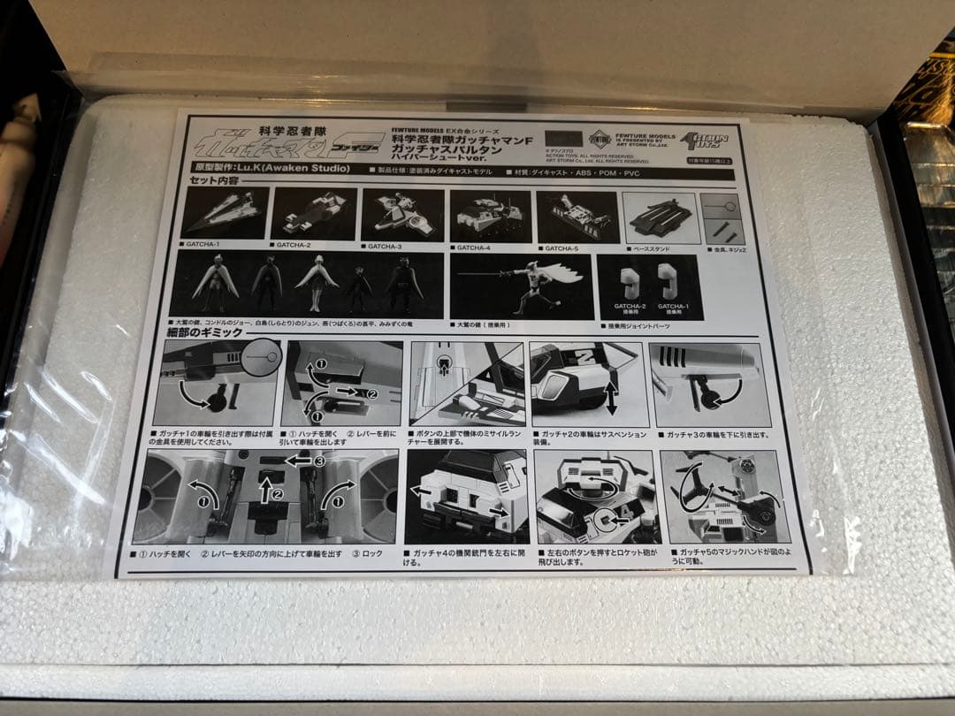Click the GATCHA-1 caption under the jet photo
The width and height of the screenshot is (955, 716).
[204, 244]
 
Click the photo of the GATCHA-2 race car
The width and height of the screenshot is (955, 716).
[313, 214]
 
